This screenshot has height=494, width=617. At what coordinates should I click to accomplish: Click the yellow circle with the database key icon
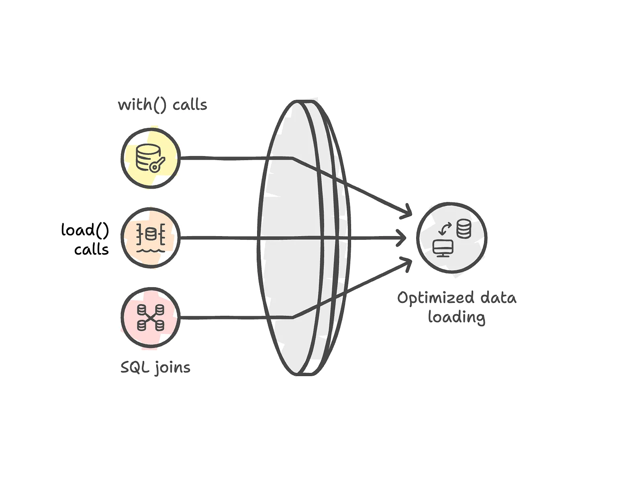tap(151, 158)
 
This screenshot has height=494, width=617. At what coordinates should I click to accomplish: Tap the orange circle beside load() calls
tap(151, 238)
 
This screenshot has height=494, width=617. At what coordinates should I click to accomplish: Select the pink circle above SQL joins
tap(151, 317)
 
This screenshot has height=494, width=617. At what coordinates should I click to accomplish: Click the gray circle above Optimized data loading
tap(452, 238)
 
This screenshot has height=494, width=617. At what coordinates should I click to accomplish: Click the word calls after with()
tap(190, 105)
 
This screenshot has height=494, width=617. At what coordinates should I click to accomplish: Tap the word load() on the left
tap(85, 230)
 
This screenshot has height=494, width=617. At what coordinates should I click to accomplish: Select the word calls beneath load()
tap(92, 249)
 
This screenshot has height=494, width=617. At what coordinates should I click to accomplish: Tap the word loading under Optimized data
tap(456, 317)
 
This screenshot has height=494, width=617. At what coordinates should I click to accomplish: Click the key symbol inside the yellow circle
tap(157, 164)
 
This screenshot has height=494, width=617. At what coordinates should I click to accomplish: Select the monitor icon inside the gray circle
tap(443, 248)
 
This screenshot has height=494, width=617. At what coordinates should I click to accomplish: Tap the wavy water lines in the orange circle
tap(151, 250)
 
